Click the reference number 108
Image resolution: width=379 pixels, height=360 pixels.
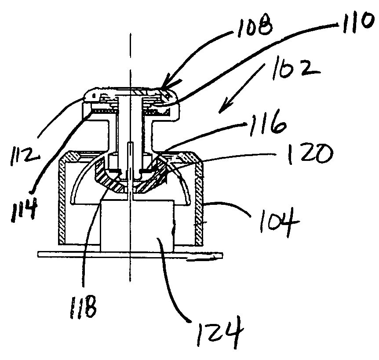pos(255,28)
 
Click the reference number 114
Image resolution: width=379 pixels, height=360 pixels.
pos(24,209)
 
